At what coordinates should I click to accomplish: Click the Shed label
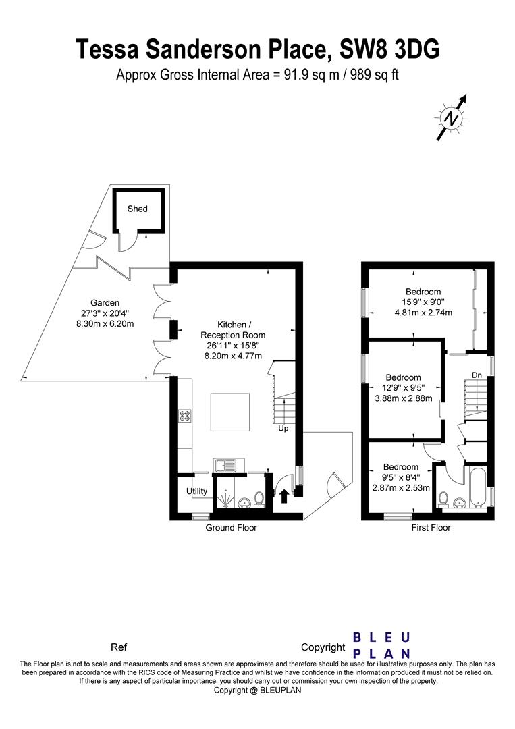pos(137,209)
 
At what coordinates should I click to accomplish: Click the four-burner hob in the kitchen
pos(184,415)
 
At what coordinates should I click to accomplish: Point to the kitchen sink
pos(229,465)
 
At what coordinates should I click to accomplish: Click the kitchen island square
pos(230,412)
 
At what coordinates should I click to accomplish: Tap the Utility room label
pos(196,491)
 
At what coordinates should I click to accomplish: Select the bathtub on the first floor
pos(478,488)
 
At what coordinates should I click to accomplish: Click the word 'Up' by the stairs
pos(283,428)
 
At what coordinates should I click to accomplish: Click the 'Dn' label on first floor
pos(477,375)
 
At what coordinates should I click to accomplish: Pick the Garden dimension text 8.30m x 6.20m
pos(105,323)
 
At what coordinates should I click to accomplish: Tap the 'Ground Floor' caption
pos(231,528)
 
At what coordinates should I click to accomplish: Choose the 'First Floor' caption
pos(431,528)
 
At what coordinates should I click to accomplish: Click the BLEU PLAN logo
pos(381,645)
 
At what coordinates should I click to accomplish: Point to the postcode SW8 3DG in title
pos(389,49)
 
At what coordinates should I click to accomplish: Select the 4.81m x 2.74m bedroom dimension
pos(423,313)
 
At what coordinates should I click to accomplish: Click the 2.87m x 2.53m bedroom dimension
pos(401,488)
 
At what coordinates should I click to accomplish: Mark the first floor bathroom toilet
pos(444,500)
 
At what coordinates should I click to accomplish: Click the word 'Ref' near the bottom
pos(119,647)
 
